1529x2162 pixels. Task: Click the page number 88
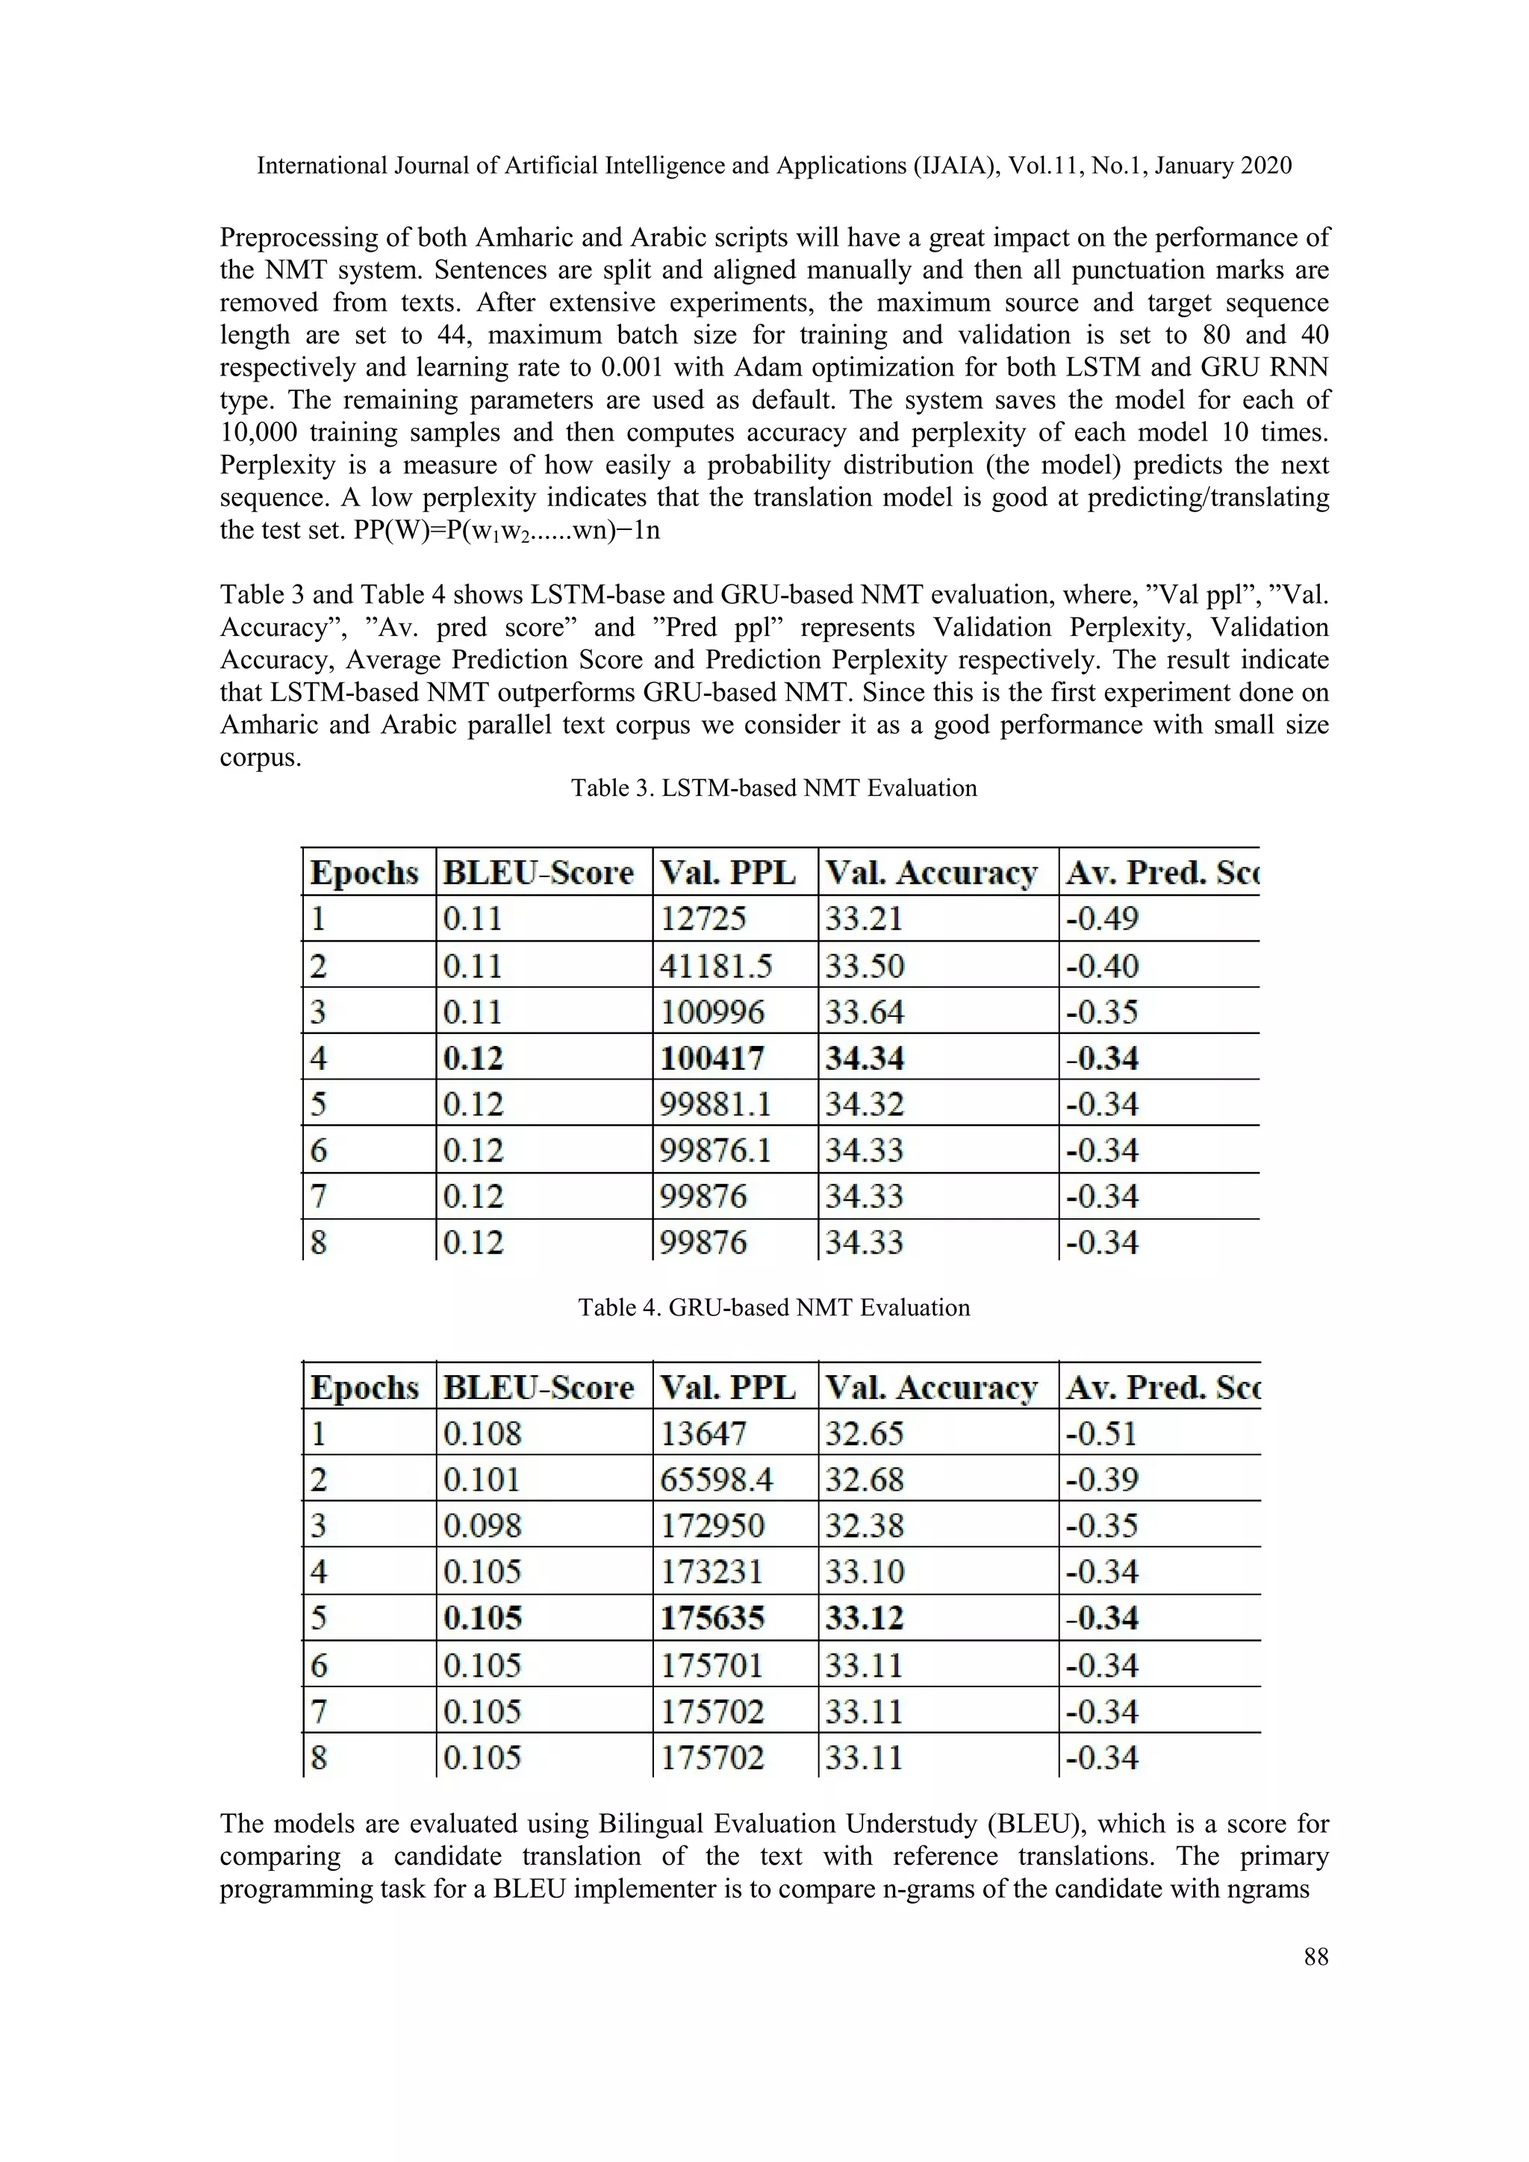click(x=1315, y=1957)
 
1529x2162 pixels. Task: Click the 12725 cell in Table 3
click(x=703, y=918)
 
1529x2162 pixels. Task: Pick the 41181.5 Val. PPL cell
click(x=715, y=966)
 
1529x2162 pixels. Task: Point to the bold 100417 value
click(x=711, y=1059)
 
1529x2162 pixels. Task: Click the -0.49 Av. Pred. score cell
click(x=1101, y=918)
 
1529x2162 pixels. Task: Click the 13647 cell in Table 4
click(x=703, y=1434)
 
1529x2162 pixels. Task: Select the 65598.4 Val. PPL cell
click(x=715, y=1480)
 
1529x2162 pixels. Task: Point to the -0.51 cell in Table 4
click(x=1101, y=1434)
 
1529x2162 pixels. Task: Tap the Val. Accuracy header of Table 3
click(x=930, y=873)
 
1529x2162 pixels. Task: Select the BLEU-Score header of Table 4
click(x=538, y=1388)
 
